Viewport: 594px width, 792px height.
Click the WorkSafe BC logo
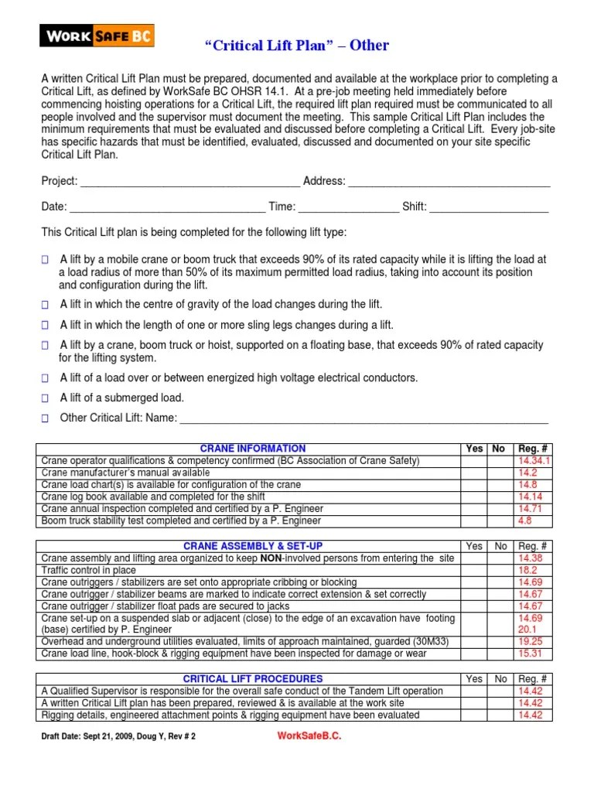coord(97,36)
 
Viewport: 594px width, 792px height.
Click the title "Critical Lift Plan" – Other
coord(296,46)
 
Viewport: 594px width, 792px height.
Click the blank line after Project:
coord(189,183)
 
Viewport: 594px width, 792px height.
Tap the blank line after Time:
coord(348,208)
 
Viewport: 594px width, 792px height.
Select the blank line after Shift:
coord(489,208)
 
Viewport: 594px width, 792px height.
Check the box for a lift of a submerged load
coord(45,398)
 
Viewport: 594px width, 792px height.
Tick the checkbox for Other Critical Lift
coord(45,418)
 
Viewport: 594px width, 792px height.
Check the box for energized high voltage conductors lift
coord(45,378)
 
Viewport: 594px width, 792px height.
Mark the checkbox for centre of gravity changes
coord(45,305)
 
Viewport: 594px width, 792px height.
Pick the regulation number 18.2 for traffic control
coord(527,570)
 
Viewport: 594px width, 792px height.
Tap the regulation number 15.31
coord(530,654)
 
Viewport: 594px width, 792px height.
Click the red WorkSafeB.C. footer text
coord(309,736)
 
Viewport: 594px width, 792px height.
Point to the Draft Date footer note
coord(118,737)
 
